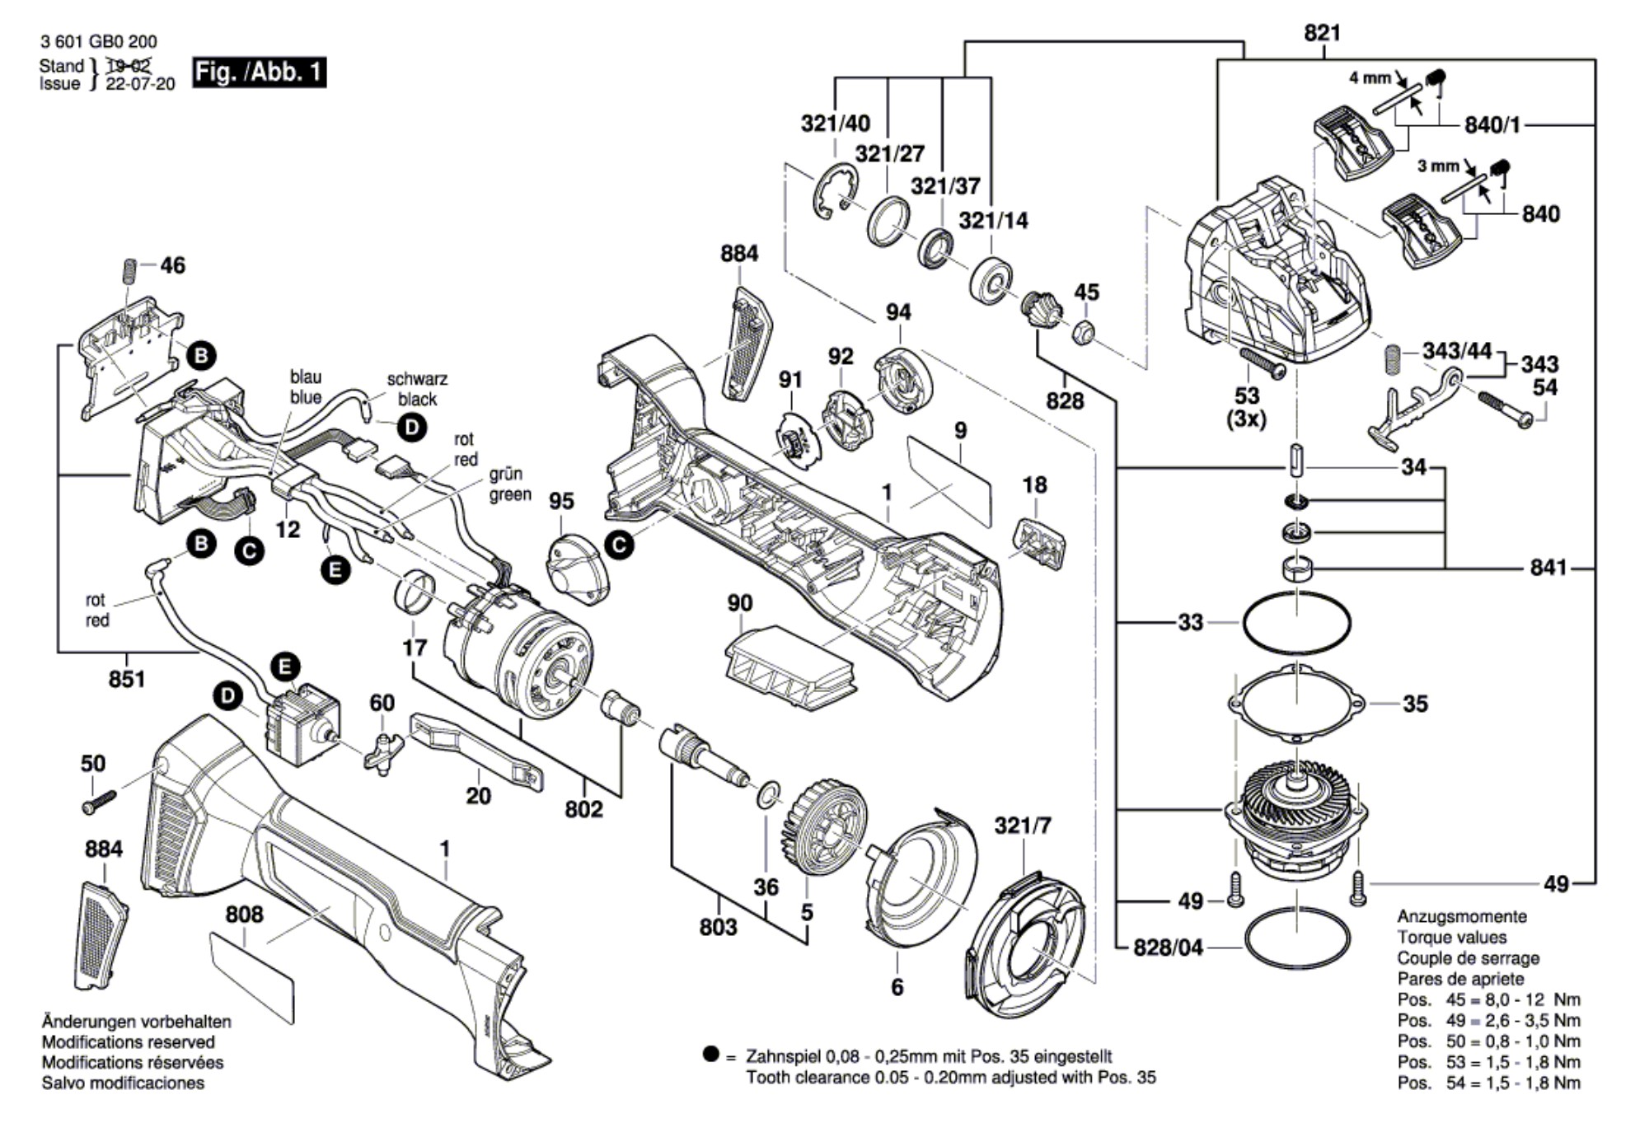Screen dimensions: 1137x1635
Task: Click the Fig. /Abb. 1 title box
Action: click(259, 73)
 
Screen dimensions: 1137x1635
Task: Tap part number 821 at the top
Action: click(1322, 33)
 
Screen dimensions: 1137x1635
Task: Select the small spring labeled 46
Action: click(129, 271)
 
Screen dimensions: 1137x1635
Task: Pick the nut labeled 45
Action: click(1084, 333)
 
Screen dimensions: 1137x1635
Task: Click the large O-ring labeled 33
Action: click(1296, 623)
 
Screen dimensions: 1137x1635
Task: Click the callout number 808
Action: click(244, 915)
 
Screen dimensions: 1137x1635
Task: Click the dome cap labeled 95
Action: click(577, 568)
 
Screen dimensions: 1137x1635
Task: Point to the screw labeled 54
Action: click(1503, 409)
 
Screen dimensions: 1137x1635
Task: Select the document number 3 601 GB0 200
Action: click(98, 41)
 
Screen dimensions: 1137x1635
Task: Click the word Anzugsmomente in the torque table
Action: click(1461, 916)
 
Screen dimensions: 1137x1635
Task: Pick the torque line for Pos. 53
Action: click(1488, 1062)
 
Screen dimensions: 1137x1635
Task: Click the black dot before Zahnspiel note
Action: click(710, 1054)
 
